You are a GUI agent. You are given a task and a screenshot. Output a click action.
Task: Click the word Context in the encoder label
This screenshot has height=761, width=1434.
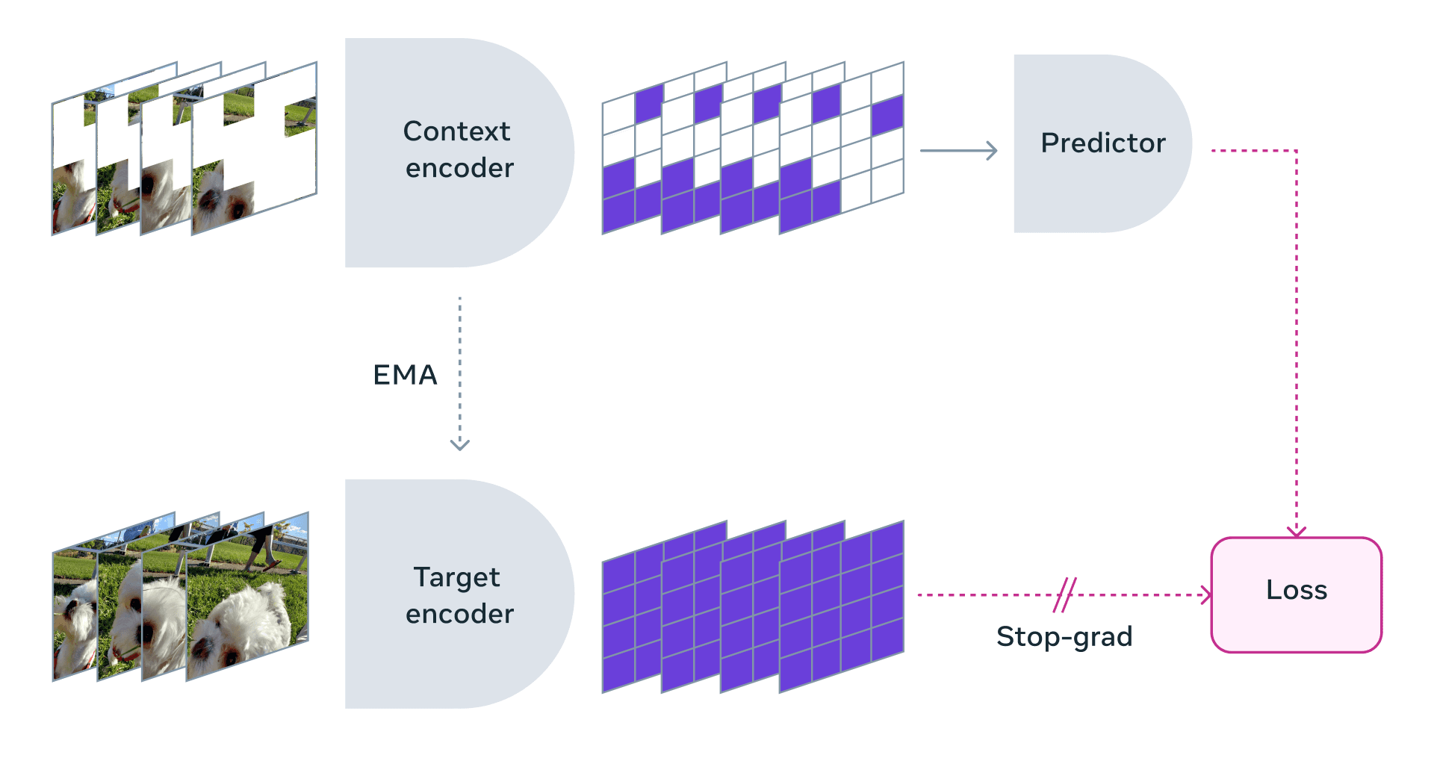456,131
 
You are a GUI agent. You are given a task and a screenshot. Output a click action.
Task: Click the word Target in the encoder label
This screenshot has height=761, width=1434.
456,577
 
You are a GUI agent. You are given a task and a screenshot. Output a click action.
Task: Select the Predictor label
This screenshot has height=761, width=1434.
1102,143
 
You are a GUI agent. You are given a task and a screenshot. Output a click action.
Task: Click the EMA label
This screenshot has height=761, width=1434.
405,375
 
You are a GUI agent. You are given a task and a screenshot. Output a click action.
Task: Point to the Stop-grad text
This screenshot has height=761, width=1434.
1064,636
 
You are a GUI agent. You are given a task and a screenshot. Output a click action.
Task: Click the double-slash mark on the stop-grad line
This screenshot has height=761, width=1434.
1065,595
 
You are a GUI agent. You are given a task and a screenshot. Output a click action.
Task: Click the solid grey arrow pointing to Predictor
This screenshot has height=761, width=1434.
958,151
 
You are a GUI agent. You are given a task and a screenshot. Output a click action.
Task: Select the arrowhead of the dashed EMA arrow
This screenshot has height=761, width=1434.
459,445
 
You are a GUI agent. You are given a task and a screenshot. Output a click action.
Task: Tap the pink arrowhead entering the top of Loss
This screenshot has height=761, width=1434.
1297,531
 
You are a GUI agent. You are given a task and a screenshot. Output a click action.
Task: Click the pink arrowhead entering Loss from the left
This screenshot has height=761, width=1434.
1205,595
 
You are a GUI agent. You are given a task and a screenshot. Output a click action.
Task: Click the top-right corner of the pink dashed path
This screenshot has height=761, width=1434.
1297,151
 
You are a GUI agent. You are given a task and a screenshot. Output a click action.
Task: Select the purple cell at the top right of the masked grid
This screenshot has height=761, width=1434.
887,116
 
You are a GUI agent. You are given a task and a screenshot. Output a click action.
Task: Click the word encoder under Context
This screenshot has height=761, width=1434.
459,169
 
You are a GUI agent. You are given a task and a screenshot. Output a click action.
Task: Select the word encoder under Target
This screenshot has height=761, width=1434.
459,614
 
